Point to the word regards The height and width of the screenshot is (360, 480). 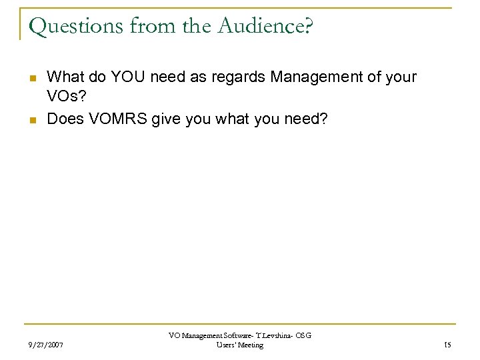click(240, 78)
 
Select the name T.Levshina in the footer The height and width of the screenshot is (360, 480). click(270, 335)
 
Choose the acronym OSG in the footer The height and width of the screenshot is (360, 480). click(303, 335)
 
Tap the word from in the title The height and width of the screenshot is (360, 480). click(140, 26)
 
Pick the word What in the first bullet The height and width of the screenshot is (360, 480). click(65, 77)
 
